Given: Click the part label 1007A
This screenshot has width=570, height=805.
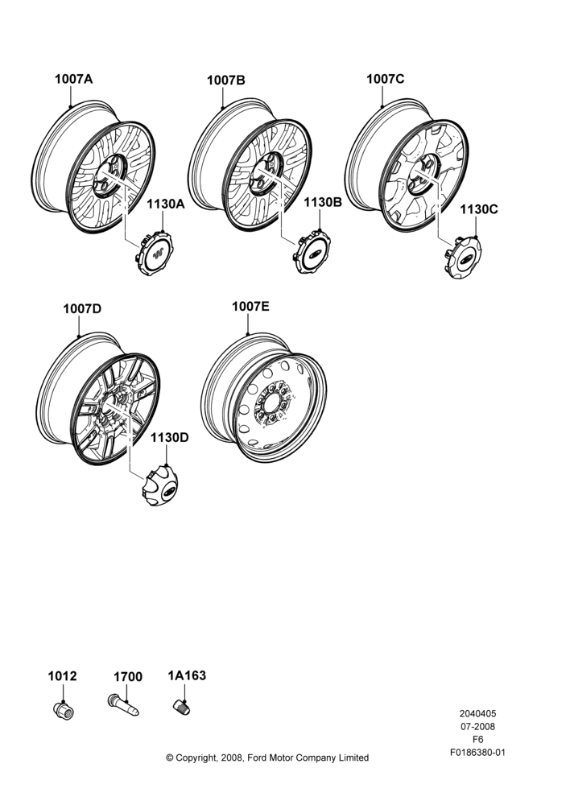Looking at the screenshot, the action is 73,79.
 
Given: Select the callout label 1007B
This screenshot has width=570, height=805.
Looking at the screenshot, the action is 226,80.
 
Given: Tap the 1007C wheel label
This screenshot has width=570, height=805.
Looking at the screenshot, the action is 385,79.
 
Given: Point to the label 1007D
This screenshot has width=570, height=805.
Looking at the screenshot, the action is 82,308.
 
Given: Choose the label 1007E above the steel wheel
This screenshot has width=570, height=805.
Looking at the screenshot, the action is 250,307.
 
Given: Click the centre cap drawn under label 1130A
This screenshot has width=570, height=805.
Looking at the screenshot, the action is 155,253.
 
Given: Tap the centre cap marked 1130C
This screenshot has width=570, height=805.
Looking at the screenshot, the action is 465,258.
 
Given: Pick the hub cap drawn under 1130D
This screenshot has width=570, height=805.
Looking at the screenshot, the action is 159,485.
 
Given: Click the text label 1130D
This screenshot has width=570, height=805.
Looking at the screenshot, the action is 169,437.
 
